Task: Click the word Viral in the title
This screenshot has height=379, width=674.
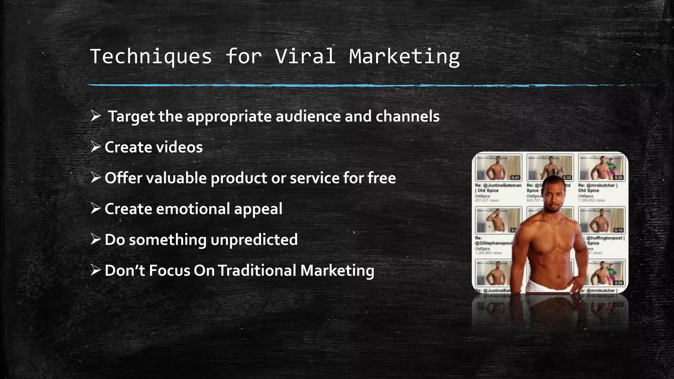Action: coord(305,56)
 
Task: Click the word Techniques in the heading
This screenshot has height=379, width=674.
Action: coord(151,56)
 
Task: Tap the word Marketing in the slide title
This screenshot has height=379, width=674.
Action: coord(404,56)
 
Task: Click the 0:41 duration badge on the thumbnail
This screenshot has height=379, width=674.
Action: coord(515,178)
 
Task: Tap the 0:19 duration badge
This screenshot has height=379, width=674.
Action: coord(618,230)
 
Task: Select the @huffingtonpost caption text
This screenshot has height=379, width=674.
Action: coord(607,238)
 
